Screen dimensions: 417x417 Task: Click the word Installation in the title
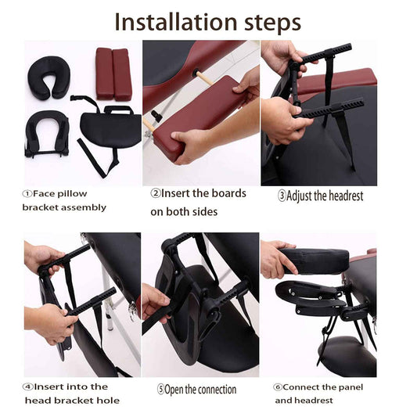tap(176, 22)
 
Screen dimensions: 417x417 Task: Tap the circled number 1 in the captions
tap(27, 194)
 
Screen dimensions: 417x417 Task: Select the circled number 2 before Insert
tap(156, 193)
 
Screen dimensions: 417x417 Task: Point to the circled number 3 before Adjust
tap(282, 196)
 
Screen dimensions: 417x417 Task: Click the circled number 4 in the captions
tap(28, 387)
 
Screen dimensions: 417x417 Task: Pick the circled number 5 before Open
tap(160, 390)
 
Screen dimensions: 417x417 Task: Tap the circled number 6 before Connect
tap(278, 387)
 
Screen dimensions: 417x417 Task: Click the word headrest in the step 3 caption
tap(346, 196)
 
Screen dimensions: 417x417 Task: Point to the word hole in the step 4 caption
tap(110, 401)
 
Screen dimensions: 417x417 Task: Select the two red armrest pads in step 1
tap(113, 74)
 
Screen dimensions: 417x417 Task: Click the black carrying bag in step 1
tap(110, 128)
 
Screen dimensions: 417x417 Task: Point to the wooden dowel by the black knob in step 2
tap(205, 78)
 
